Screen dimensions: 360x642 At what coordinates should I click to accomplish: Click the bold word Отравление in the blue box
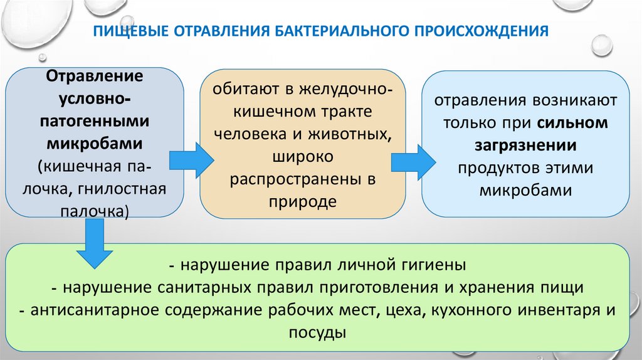(x=95, y=76)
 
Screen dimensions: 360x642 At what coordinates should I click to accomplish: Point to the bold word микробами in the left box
(x=95, y=144)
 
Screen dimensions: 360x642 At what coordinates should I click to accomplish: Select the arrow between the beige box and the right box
(x=413, y=161)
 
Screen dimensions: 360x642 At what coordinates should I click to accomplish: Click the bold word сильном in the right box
(x=572, y=122)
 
